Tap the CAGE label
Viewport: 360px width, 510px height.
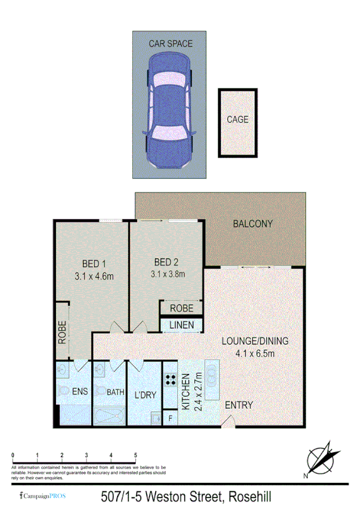(237, 119)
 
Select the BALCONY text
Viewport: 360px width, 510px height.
(252, 224)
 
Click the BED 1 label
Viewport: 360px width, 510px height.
(94, 263)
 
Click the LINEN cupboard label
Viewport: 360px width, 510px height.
(181, 325)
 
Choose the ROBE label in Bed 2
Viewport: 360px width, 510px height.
(181, 308)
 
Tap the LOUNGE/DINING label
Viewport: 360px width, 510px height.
(255, 341)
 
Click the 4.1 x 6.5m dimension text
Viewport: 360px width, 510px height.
(255, 353)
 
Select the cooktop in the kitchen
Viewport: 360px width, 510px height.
(170, 379)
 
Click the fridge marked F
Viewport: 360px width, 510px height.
(170, 417)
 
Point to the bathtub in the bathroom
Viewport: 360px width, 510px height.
(109, 416)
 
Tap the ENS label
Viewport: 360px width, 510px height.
(80, 392)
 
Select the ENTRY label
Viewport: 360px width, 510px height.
(239, 405)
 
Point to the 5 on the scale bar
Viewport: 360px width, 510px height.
(136, 455)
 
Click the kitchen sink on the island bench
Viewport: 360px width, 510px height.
(212, 376)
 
